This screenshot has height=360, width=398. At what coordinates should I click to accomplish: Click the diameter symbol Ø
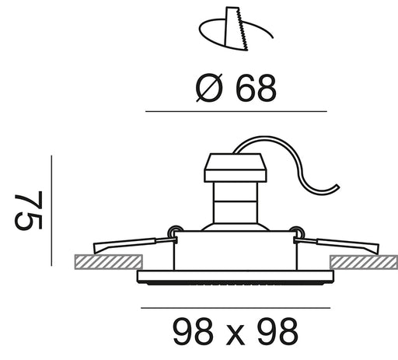click(x=209, y=88)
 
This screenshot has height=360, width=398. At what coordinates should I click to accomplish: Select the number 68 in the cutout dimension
click(x=256, y=88)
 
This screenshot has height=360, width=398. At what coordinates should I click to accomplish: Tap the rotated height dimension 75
click(x=29, y=210)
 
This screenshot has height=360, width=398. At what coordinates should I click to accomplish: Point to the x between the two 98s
click(x=236, y=336)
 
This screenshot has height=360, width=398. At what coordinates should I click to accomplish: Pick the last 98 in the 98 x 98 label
click(x=278, y=332)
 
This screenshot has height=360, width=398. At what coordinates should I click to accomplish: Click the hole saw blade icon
click(x=236, y=29)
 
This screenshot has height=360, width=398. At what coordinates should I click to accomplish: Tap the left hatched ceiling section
click(x=109, y=262)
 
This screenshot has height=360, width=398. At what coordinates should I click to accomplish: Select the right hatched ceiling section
click(x=364, y=262)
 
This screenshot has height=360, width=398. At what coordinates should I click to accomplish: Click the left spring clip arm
click(x=134, y=244)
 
